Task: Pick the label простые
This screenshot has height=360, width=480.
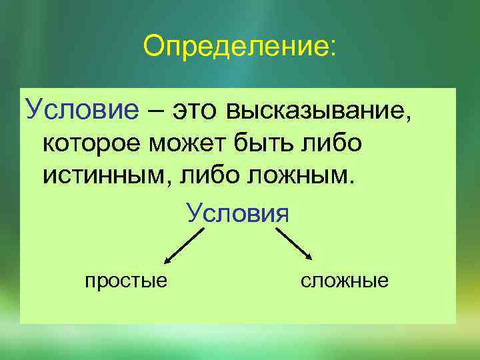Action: click(x=126, y=281)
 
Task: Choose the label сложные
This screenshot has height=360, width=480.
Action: click(x=344, y=281)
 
